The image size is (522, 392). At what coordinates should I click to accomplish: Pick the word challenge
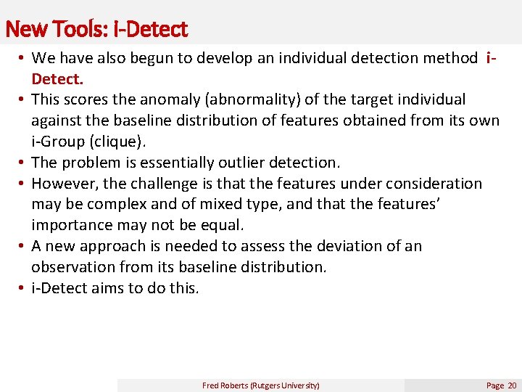click(x=181, y=184)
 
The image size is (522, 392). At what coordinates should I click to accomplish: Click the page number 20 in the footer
click(x=512, y=385)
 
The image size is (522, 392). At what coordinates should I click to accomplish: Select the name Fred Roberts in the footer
click(x=225, y=385)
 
